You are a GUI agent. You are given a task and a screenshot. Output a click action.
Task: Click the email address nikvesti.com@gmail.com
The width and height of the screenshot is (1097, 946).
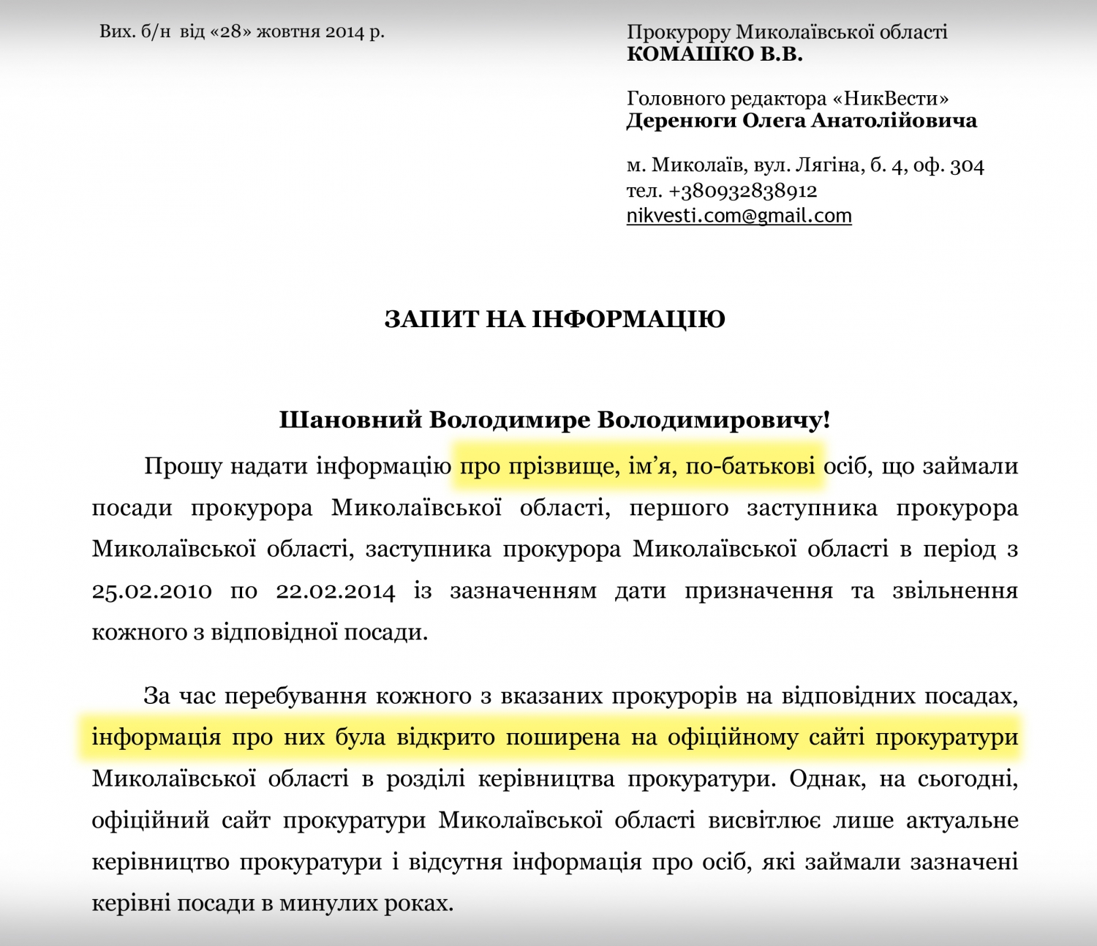coord(739,216)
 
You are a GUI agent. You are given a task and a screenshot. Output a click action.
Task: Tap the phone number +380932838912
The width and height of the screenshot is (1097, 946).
coord(742,191)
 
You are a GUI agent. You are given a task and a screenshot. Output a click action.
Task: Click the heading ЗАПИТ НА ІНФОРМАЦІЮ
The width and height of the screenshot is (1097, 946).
coord(554,319)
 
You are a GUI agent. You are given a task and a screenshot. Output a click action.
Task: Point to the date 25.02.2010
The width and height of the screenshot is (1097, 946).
coord(151,591)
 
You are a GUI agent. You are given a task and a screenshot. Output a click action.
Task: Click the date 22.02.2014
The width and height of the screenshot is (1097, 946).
coord(335,591)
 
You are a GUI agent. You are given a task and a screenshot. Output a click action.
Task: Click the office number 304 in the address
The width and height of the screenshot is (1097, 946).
coord(967,166)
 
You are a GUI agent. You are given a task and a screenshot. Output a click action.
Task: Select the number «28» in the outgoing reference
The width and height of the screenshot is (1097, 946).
coord(230,32)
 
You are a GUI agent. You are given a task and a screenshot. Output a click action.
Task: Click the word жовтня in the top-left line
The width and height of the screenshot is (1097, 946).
coord(288,32)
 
